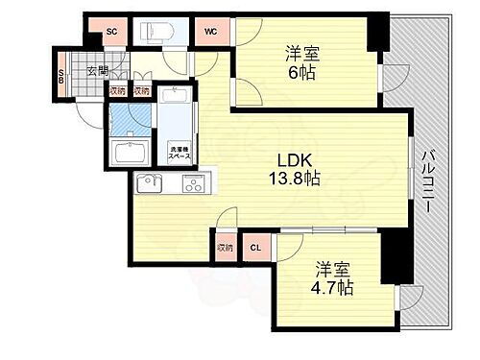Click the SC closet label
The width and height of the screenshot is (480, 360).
111,32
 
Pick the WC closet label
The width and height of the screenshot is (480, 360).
210,32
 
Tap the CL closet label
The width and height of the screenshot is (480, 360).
254,248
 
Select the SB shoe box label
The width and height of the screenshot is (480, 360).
60,77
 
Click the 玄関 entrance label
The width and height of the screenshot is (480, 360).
97,70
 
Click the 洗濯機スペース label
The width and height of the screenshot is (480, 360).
179,151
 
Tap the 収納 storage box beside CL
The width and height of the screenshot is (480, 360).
225,247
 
